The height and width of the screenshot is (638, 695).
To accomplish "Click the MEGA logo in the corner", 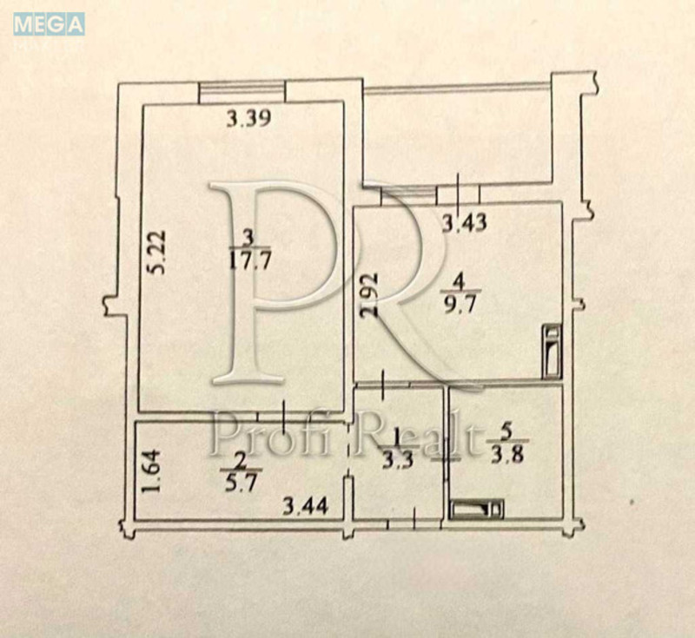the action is click(49, 24).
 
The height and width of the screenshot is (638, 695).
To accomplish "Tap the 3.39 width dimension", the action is click(248, 119).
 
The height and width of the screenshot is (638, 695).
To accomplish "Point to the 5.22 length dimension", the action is click(156, 253).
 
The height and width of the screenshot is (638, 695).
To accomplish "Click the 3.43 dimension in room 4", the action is click(465, 222).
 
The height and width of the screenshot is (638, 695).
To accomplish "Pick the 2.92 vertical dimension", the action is click(368, 295).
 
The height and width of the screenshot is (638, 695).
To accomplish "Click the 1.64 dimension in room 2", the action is click(150, 471).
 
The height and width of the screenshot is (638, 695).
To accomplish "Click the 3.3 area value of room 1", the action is click(398, 460).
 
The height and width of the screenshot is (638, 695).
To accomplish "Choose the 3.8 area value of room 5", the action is click(507, 455).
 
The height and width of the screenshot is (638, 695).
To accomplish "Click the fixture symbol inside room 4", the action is click(553, 352).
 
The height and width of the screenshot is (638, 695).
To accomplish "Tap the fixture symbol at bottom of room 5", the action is click(477, 509).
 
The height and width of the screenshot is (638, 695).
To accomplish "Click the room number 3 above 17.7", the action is click(249, 238).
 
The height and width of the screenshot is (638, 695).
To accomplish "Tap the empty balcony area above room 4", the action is click(458, 135).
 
